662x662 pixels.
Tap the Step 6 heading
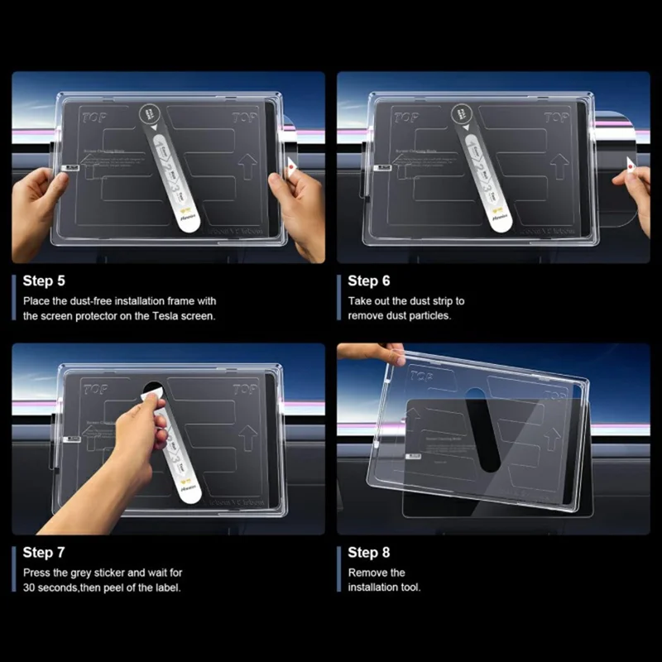pos(369,281)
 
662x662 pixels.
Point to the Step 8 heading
pos(369,552)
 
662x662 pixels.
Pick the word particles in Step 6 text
pos(428,316)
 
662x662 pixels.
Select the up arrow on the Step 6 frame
pos(568,170)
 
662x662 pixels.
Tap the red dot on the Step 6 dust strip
pos(631,168)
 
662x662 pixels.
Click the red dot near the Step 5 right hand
pos(293,165)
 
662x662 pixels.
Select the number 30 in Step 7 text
pos(31,588)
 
